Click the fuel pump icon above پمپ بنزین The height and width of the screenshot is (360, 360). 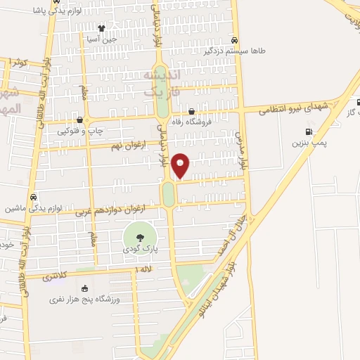[309, 131]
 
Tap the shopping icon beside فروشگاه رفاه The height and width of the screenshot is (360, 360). [192, 111]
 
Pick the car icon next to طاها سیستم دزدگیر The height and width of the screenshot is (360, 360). [234, 40]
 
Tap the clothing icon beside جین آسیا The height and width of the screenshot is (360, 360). [101, 29]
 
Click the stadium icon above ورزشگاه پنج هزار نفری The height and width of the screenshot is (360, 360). [85, 288]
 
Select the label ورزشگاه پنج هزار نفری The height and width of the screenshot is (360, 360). [85, 300]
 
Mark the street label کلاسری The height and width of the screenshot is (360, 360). [56, 277]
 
